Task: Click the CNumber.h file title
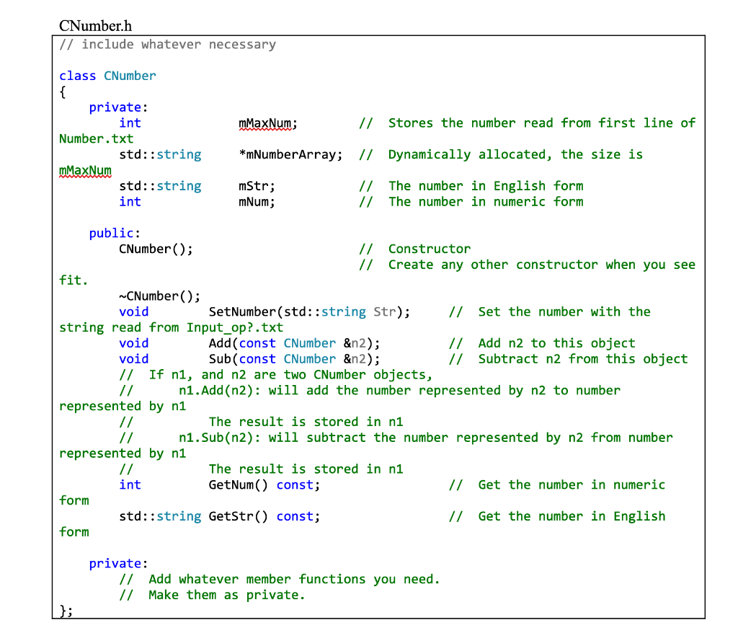(x=95, y=27)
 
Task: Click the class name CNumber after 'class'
(x=130, y=76)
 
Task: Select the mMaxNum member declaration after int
(x=267, y=123)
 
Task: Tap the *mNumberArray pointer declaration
(x=290, y=154)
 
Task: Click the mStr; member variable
(x=257, y=186)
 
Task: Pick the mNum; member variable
(x=257, y=202)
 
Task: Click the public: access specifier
(x=115, y=233)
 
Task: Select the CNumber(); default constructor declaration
(x=156, y=249)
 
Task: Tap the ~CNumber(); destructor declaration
(x=159, y=296)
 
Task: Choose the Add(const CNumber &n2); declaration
(x=294, y=343)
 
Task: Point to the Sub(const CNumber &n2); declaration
(x=294, y=359)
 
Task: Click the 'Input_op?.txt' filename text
(x=235, y=328)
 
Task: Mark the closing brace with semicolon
(x=66, y=611)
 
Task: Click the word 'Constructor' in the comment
(x=430, y=249)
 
